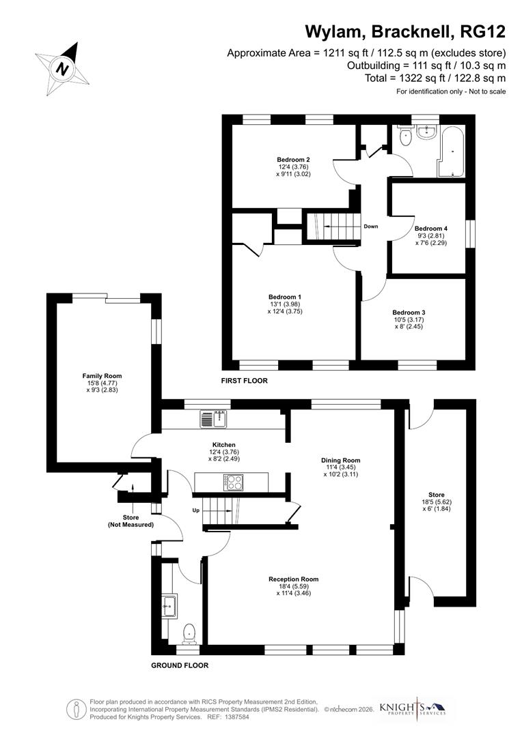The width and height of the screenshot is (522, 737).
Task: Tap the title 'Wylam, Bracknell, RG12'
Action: [404, 32]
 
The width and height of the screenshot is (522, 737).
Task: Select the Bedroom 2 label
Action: [289, 159]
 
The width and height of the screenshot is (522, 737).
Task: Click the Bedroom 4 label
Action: [430, 229]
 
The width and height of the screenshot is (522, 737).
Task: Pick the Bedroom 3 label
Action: [409, 313]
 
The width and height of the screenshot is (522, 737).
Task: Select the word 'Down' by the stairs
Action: [371, 227]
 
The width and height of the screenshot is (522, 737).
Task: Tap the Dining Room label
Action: [340, 460]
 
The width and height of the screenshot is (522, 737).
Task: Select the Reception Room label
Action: [293, 579]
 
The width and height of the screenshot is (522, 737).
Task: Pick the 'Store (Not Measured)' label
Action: [130, 521]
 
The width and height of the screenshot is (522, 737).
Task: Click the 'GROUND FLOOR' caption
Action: [180, 665]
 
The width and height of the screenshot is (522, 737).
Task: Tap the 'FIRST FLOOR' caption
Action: [244, 381]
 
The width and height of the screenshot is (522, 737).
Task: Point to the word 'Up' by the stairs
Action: [195, 510]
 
